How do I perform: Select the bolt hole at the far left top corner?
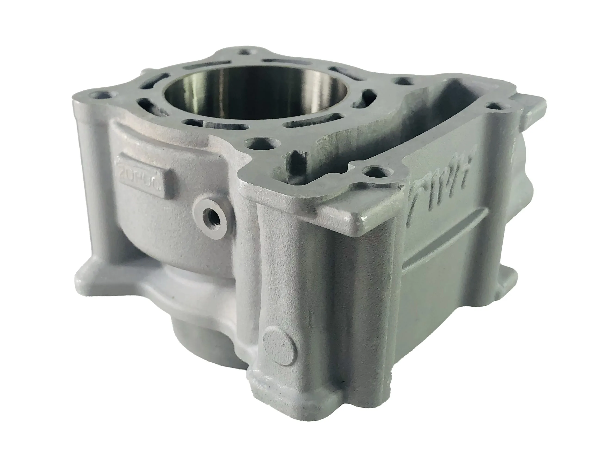(101, 96)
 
